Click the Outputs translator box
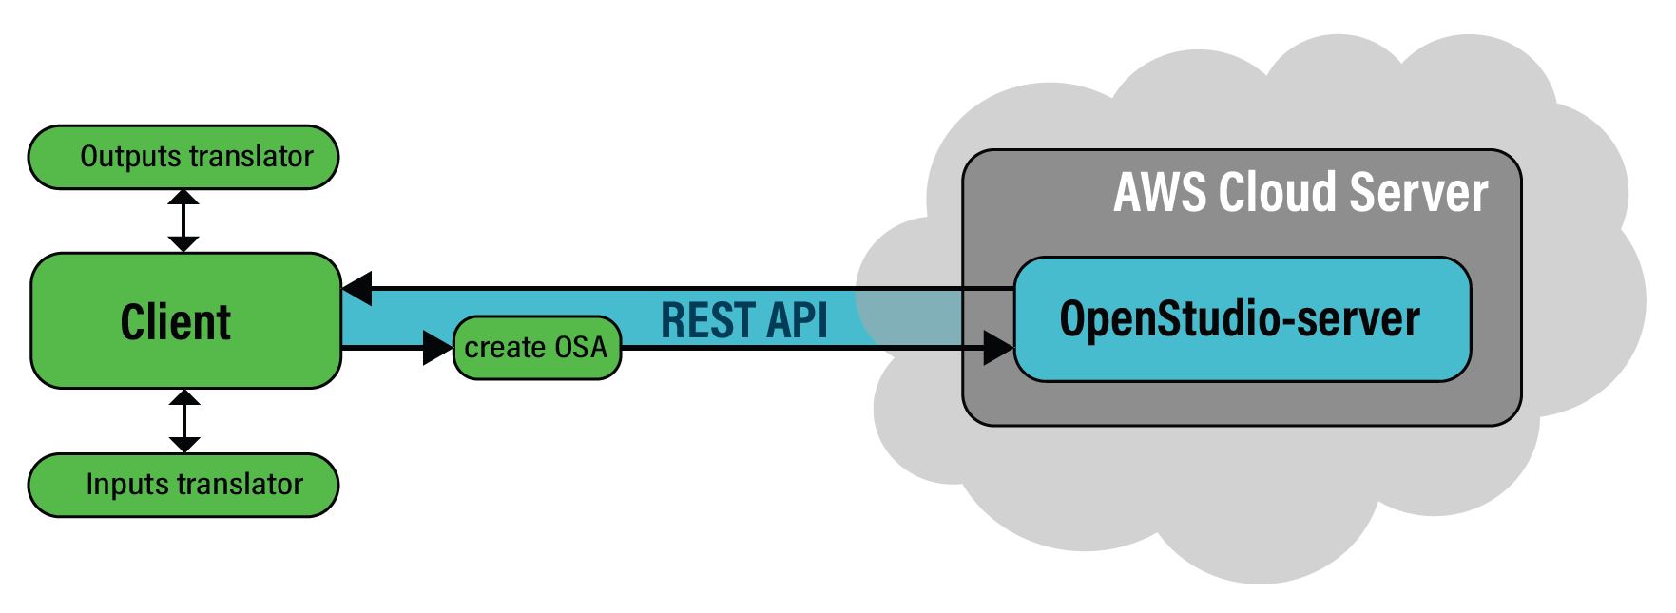[x=183, y=157]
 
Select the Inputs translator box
[x=183, y=485]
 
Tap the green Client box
[x=185, y=320]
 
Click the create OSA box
[x=537, y=348]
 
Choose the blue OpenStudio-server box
[x=1243, y=319]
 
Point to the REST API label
[x=743, y=320]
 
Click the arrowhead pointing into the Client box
[x=357, y=287]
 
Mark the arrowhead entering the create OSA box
[x=437, y=348]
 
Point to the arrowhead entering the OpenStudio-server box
[x=998, y=348]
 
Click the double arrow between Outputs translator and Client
[x=183, y=220]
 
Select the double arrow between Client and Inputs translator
[x=184, y=421]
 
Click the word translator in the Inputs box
[x=241, y=485]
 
